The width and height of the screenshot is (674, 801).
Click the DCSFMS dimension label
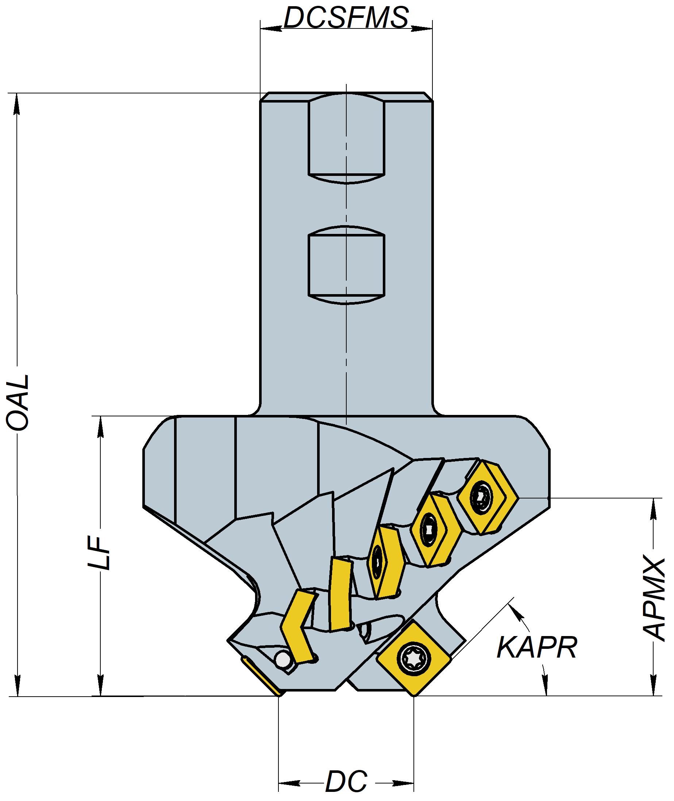coord(346,18)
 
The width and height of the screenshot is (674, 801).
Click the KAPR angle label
coord(536,647)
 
